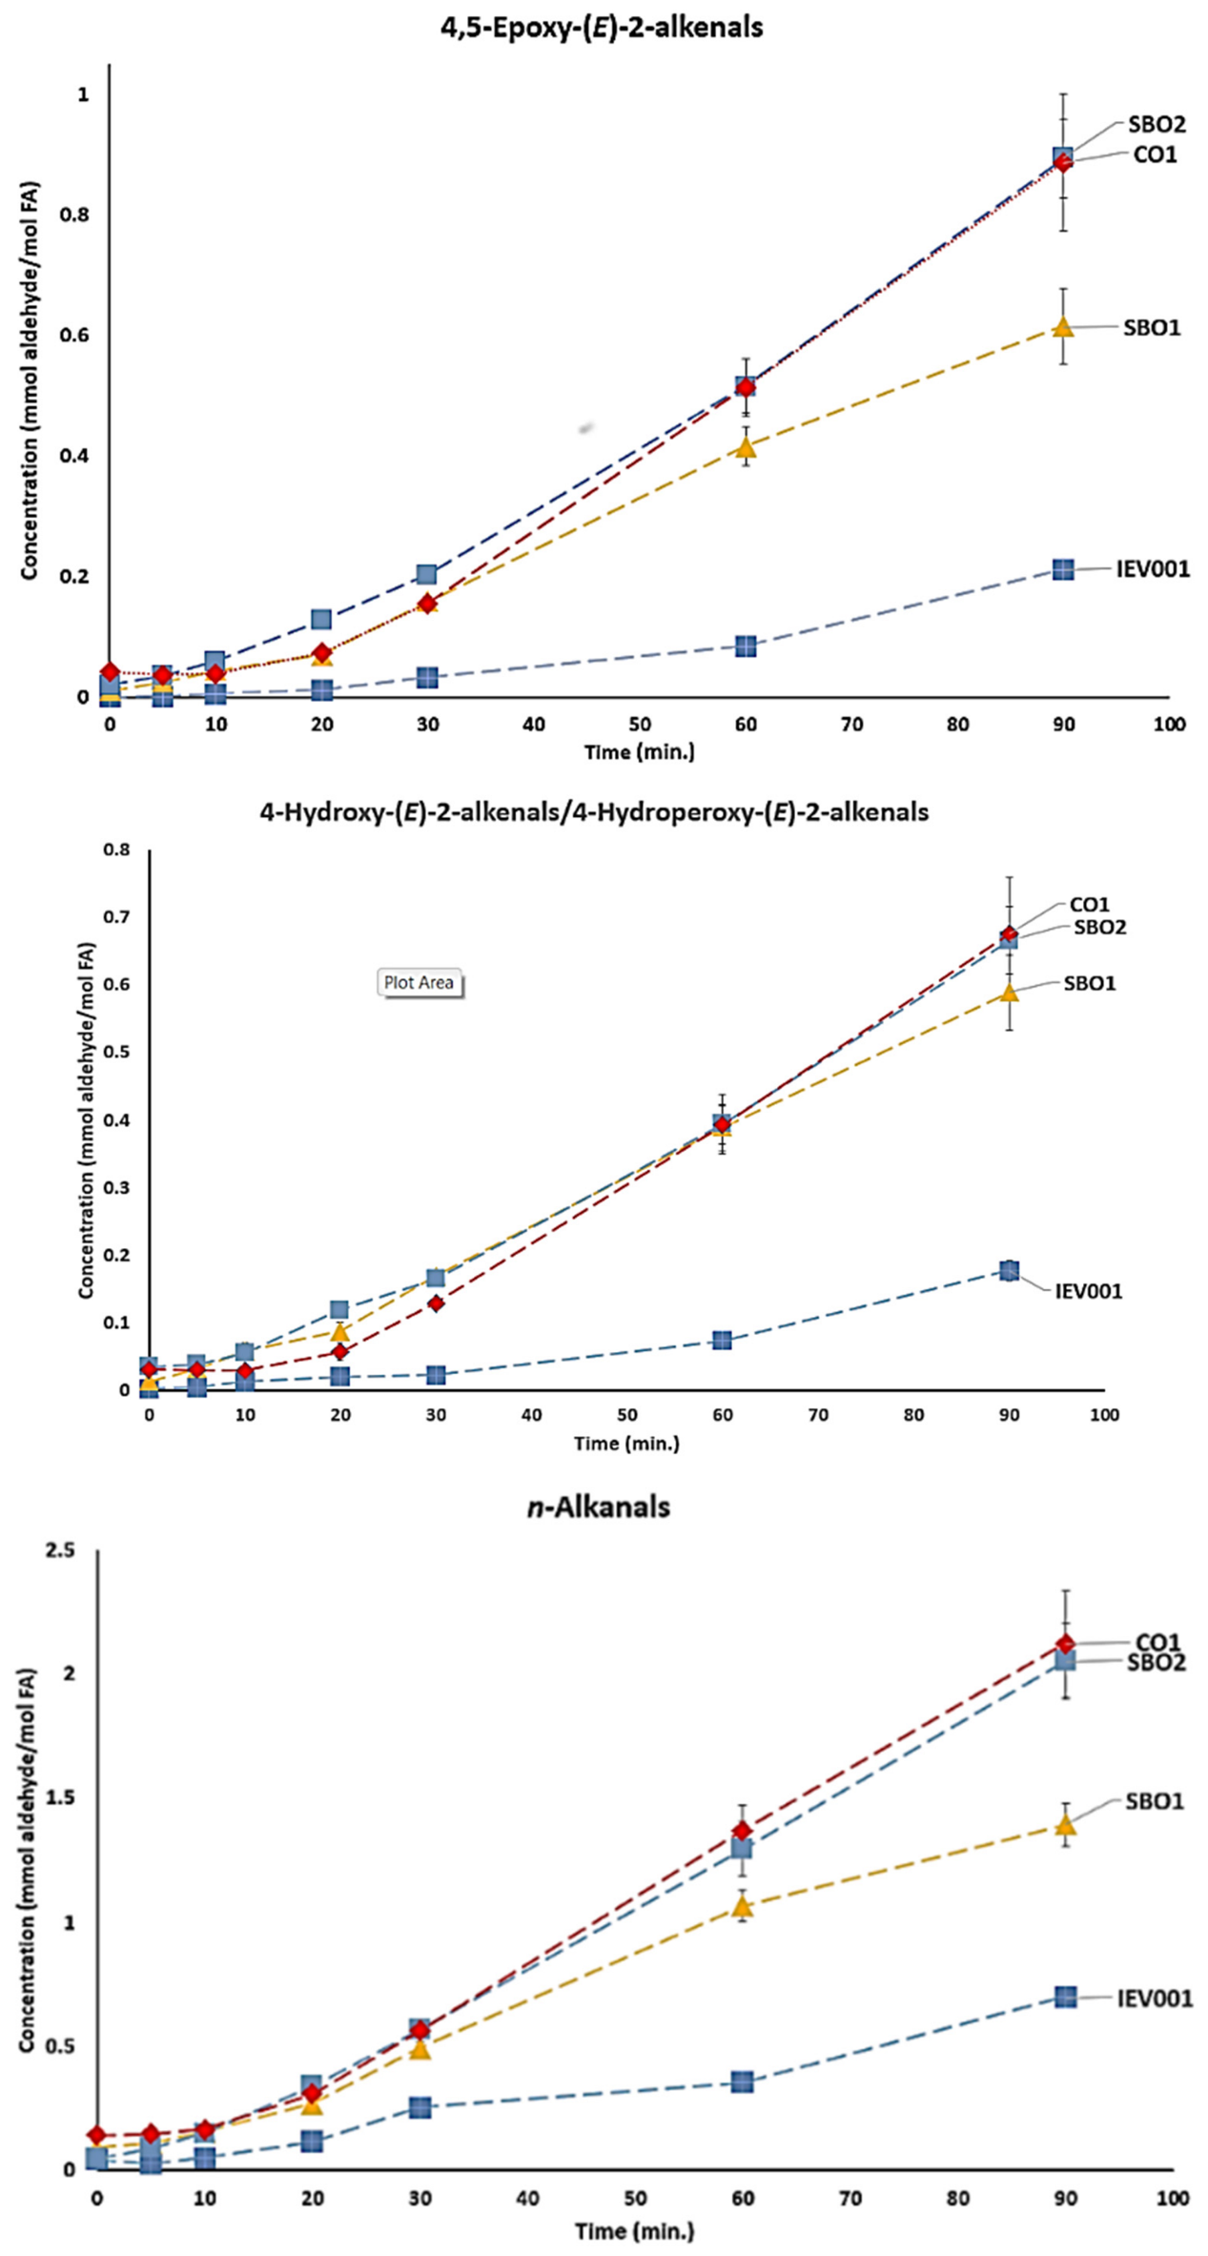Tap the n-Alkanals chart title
[x=599, y=1507]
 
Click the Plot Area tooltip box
[x=419, y=982]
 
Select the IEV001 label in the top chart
[x=1153, y=569]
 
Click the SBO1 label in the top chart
[x=1152, y=327]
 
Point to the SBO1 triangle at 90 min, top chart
[x=1063, y=327]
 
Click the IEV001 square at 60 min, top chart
[x=746, y=646]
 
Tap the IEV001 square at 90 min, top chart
[x=1063, y=569]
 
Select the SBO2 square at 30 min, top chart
[x=427, y=574]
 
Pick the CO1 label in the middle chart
[x=1090, y=905]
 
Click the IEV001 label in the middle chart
[x=1089, y=1291]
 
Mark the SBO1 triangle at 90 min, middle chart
[x=1009, y=992]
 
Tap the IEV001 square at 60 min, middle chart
[x=723, y=1341]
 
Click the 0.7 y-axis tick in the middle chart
[x=117, y=917]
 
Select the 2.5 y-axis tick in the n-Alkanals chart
[x=60, y=1550]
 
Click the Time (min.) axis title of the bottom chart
[x=634, y=2231]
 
